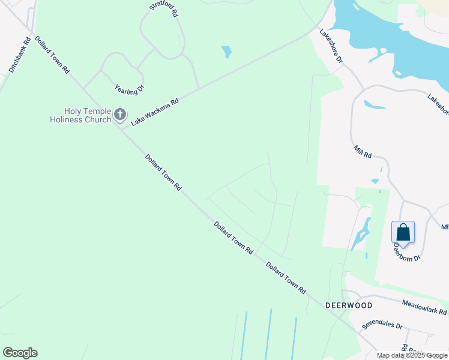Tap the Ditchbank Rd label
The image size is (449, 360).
tap(20, 56)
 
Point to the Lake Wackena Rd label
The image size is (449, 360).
tap(155, 112)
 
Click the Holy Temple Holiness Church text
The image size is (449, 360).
tap(80, 115)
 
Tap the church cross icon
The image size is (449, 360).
tap(120, 114)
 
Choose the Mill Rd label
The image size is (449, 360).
tap(363, 151)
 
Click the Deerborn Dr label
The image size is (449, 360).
tap(408, 250)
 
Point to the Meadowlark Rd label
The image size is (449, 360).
tap(424, 308)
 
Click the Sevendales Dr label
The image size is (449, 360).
tap(381, 325)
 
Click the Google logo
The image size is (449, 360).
tap(20, 353)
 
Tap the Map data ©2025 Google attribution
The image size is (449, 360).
tap(412, 355)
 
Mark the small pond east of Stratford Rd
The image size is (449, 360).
tap(226, 52)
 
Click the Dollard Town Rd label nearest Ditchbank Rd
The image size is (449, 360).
tap(51, 55)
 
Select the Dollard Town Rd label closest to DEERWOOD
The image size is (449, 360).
tap(286, 278)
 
